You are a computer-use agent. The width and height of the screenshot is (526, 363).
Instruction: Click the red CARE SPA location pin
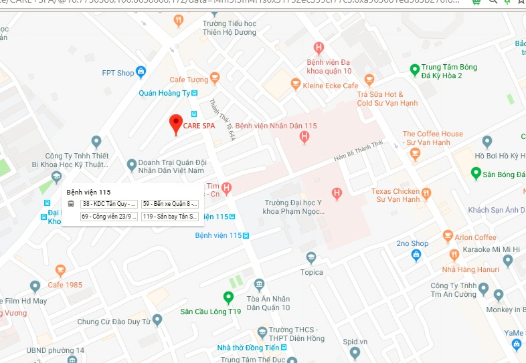(175, 124)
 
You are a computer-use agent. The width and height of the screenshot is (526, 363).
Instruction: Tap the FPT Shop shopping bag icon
(141, 72)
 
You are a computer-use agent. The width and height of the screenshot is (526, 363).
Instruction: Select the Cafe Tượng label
(189, 80)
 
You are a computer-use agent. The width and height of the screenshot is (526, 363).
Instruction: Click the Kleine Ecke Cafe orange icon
(296, 84)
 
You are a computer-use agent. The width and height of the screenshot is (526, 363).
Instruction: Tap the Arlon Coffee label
(476, 237)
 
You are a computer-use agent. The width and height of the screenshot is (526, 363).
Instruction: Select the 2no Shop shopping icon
(416, 255)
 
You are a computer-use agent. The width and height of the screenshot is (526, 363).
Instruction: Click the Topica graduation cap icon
(311, 258)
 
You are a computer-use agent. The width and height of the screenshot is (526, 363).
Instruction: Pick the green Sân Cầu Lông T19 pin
(228, 297)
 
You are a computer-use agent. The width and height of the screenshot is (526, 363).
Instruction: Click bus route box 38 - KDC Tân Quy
(109, 203)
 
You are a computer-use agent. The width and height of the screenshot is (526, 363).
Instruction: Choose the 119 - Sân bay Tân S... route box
(170, 217)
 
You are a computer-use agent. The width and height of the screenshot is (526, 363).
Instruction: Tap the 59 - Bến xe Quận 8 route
(170, 203)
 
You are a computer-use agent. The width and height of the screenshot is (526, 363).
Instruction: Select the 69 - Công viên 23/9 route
(109, 217)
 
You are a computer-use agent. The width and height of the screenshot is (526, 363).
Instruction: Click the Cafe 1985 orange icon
(61, 271)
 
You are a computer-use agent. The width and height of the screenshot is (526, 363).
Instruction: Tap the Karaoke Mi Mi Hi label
(492, 250)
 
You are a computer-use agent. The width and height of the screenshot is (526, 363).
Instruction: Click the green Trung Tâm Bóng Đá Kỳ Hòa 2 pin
(415, 69)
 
